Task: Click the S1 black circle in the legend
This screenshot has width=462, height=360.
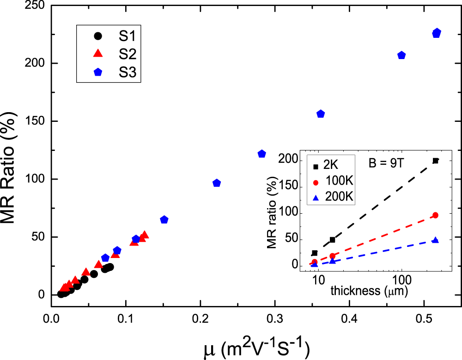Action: coord(97,36)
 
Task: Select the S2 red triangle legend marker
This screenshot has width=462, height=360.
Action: coord(97,54)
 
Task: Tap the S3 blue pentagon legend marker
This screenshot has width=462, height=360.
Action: coord(97,72)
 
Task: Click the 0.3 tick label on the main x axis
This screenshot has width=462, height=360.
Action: coord(275,318)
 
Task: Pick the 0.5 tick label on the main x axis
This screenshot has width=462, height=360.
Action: coord(424,318)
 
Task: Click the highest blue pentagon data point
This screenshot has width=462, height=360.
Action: coord(437,33)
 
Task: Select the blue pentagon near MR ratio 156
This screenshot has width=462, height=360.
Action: coord(321,114)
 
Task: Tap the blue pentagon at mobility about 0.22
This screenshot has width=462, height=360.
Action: coord(217,183)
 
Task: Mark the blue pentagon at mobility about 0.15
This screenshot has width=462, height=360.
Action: coord(164,220)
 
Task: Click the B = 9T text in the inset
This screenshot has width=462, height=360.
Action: coord(386,163)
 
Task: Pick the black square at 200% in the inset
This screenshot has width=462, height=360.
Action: coord(435,161)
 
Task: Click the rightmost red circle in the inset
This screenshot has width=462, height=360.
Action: coord(435,215)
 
